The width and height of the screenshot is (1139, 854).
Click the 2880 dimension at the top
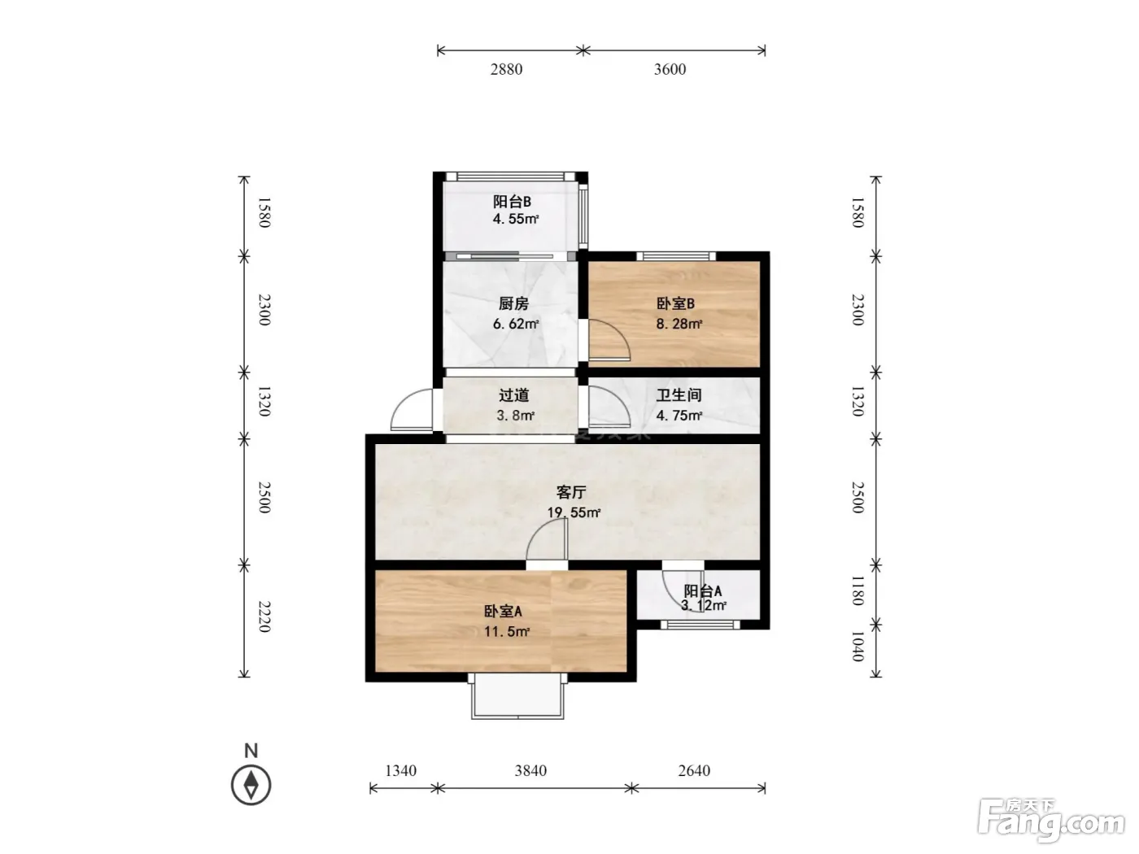tap(506, 69)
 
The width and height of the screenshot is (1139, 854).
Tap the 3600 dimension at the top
tap(670, 69)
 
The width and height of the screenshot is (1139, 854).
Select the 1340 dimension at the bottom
tap(400, 770)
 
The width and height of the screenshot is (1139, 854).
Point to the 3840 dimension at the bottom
tap(530, 770)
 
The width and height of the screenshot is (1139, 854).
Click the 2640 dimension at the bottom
tap(694, 770)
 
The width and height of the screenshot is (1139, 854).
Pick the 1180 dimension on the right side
tap(858, 590)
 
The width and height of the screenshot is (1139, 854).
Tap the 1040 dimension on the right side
tap(858, 646)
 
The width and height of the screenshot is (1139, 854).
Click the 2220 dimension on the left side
tap(264, 617)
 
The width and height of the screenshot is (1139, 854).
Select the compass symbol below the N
tap(251, 785)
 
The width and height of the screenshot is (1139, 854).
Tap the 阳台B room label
tap(512, 202)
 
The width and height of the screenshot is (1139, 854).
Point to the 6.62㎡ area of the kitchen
tap(516, 324)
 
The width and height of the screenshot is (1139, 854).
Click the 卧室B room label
tap(675, 303)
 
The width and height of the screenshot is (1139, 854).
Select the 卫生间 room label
tap(679, 395)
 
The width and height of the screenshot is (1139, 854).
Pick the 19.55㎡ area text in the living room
tap(574, 513)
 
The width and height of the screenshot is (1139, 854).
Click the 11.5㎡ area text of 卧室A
tap(507, 632)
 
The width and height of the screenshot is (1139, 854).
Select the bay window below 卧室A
tap(517, 696)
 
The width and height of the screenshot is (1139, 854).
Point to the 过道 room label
tap(513, 395)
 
